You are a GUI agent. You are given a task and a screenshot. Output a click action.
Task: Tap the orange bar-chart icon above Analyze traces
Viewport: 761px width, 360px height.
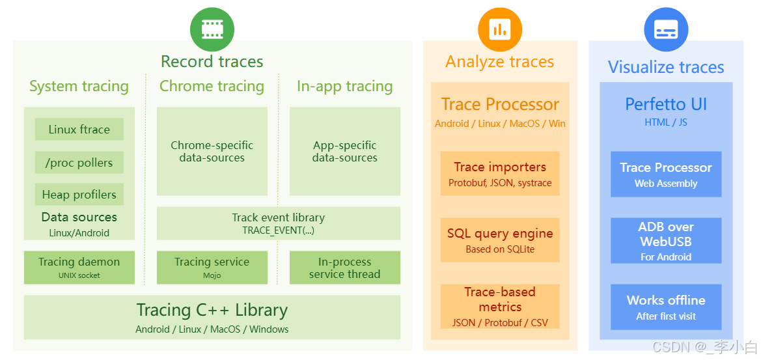(x=500, y=29)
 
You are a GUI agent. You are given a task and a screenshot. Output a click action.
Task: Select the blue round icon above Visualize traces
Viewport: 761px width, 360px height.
(x=666, y=29)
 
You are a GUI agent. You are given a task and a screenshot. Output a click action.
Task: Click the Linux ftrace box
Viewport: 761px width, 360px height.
(x=79, y=130)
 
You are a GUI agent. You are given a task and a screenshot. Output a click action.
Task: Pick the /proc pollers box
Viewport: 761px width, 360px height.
(x=79, y=163)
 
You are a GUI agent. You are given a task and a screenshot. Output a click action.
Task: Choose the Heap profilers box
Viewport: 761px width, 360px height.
(x=79, y=195)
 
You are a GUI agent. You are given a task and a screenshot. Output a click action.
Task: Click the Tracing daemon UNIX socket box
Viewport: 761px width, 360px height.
(x=79, y=268)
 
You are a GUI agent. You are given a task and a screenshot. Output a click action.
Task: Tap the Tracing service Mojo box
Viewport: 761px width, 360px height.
(x=212, y=268)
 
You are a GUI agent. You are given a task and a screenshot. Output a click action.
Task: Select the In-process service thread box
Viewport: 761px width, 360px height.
(x=344, y=268)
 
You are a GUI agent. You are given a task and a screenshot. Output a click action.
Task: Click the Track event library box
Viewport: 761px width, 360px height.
(x=278, y=223)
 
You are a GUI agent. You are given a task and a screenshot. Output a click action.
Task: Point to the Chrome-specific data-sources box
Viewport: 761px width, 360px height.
(x=212, y=151)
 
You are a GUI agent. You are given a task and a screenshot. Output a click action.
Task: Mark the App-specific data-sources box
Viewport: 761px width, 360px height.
(x=344, y=151)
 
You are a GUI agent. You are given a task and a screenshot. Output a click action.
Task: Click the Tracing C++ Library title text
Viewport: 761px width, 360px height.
(x=212, y=310)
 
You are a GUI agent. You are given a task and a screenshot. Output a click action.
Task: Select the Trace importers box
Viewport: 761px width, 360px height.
(x=500, y=174)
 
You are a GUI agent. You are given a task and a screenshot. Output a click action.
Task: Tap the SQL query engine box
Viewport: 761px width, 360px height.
(x=500, y=240)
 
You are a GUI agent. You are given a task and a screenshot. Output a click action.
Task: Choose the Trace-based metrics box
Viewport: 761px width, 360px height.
(x=500, y=306)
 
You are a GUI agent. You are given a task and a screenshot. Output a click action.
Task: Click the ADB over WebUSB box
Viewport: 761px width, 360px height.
(x=666, y=240)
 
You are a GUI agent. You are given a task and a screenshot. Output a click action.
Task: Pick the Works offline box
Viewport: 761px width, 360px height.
(x=666, y=307)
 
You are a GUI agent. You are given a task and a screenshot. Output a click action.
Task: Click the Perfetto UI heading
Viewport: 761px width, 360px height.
(x=666, y=104)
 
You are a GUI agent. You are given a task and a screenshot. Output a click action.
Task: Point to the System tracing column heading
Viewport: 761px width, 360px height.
(x=79, y=86)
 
